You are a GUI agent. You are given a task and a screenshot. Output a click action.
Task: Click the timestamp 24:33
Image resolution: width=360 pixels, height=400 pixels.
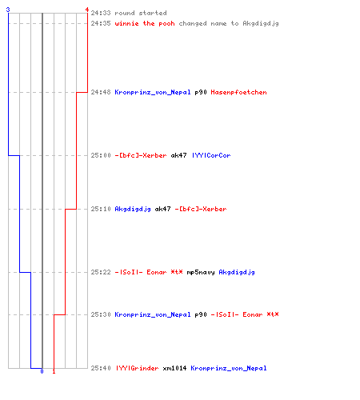point(101,13)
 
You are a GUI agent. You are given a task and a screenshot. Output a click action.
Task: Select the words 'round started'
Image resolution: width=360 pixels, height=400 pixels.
point(141,13)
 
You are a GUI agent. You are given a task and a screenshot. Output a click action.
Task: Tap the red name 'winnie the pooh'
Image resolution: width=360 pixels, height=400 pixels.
point(145,23)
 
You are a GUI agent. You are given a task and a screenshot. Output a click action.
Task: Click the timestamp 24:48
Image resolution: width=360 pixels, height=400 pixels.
point(101,92)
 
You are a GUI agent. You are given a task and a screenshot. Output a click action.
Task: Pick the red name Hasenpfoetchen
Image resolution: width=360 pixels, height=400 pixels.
point(238,92)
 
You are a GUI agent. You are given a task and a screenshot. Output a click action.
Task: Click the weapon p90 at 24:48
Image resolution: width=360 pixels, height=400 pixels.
point(201,92)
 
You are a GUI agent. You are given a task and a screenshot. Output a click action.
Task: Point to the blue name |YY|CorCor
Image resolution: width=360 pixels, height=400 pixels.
point(211,155)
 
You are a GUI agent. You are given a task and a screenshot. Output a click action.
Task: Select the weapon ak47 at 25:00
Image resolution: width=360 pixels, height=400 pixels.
point(178,155)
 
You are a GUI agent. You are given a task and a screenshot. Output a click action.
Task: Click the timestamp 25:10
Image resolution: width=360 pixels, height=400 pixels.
point(101,209)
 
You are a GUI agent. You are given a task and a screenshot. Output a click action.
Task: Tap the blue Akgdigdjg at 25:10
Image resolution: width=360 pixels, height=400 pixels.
point(133,209)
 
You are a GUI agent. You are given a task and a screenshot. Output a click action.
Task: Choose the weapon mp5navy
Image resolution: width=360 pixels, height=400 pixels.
point(201,272)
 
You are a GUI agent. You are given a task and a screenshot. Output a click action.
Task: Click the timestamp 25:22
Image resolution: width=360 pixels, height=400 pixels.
point(101,272)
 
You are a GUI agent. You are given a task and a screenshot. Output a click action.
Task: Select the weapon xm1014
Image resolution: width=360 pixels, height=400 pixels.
point(174,368)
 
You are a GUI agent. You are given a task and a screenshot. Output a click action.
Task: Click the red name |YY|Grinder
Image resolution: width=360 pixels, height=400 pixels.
point(137,368)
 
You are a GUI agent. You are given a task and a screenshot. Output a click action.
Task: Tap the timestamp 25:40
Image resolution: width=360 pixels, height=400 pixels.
point(101,368)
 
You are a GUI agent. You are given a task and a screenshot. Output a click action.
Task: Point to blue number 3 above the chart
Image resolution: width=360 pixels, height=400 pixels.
point(8,10)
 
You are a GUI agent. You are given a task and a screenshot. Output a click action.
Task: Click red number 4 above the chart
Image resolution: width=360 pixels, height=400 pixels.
point(87,10)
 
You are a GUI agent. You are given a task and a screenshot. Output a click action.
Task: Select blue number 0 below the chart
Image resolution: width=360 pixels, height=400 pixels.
point(42,371)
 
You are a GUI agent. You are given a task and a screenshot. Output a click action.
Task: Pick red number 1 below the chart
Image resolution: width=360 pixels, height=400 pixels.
point(54,371)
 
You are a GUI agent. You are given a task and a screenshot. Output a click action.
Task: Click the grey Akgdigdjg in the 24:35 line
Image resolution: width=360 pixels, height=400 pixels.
point(261,23)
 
